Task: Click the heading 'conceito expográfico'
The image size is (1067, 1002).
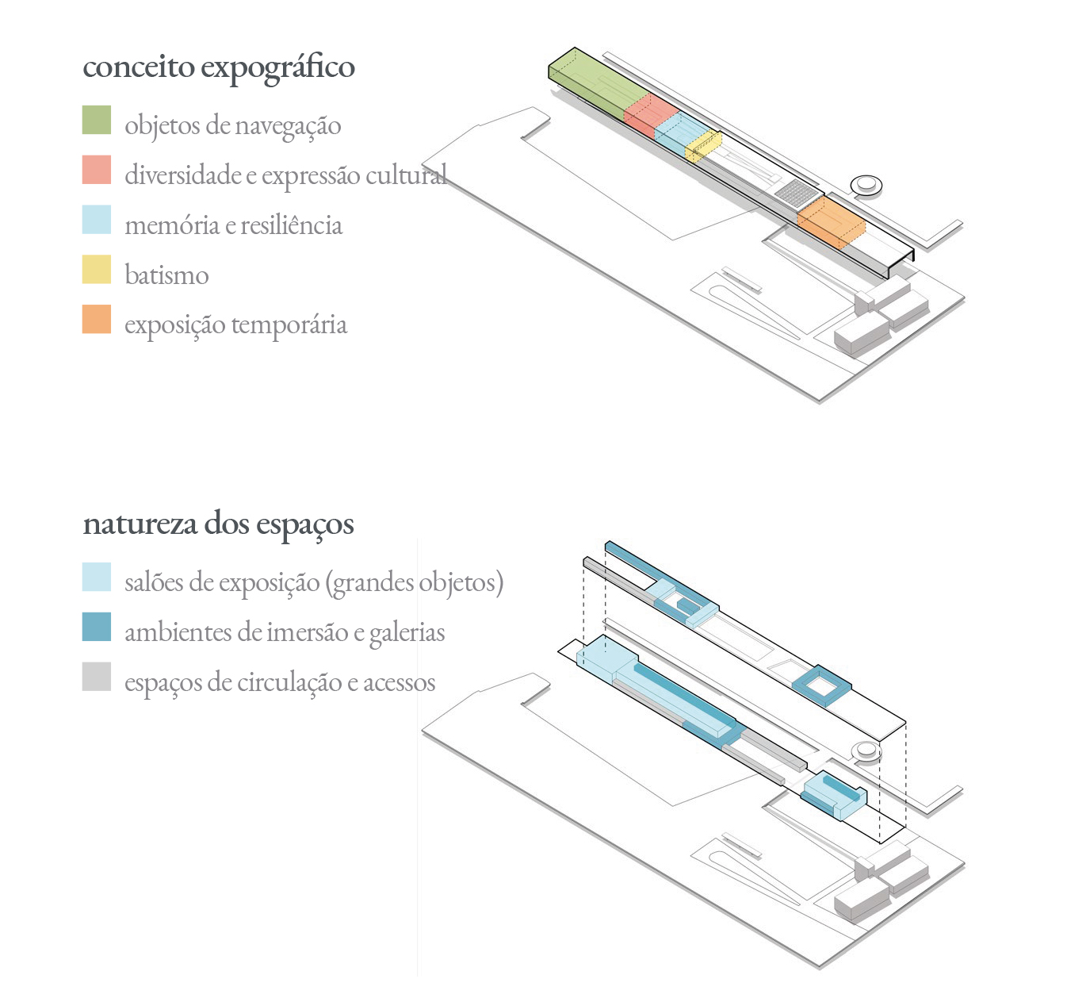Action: (x=219, y=67)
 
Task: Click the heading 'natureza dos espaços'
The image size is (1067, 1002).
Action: (x=219, y=524)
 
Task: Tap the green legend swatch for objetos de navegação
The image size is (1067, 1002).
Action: (x=97, y=120)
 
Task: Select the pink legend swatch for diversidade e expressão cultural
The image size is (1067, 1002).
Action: (x=97, y=170)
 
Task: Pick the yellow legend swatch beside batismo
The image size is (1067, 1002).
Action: (x=97, y=270)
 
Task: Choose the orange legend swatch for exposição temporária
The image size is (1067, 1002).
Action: (x=97, y=319)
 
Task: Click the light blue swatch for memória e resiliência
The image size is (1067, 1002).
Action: (x=97, y=220)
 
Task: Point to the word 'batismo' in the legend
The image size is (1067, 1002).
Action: (x=166, y=275)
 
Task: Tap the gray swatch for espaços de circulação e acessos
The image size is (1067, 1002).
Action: (x=97, y=677)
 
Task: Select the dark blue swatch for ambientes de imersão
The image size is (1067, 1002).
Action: (x=97, y=627)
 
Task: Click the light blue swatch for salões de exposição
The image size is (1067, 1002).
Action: (x=97, y=577)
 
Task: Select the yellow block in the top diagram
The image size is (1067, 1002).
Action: (x=703, y=145)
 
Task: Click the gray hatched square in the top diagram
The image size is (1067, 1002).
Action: (x=795, y=192)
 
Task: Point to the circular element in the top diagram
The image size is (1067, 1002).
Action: (x=866, y=185)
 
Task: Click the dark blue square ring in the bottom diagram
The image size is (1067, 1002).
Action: (x=822, y=685)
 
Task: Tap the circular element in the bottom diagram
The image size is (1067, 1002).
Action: (x=866, y=751)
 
